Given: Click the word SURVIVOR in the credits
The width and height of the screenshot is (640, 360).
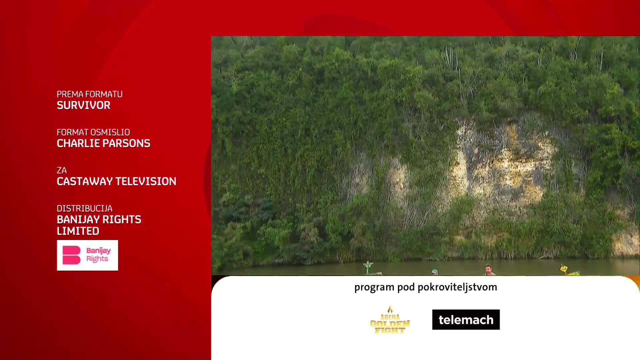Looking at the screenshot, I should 83,105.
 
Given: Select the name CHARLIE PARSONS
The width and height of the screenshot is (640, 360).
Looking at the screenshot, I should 103,143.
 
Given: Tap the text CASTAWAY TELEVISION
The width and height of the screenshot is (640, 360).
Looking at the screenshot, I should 116,181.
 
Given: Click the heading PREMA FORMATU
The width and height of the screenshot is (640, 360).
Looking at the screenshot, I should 89,94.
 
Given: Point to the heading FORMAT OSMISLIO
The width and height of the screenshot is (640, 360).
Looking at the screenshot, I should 93,132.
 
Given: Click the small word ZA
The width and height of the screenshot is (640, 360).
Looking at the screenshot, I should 62,170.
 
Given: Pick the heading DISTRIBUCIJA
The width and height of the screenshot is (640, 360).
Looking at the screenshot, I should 84,208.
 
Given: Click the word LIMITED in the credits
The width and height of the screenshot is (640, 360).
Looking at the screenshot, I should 78,231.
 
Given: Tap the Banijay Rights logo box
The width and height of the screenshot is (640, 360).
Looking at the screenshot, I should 87,255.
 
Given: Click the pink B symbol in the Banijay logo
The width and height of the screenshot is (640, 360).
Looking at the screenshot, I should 71,255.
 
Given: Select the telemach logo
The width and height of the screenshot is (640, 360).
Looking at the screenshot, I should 466,320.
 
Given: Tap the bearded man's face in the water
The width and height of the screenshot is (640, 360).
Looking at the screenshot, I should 488,269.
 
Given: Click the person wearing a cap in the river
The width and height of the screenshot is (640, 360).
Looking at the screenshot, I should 434,272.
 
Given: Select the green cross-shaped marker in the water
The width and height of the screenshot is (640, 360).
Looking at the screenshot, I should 368,267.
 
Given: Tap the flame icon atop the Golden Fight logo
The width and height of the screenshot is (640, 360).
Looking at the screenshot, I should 390,309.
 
